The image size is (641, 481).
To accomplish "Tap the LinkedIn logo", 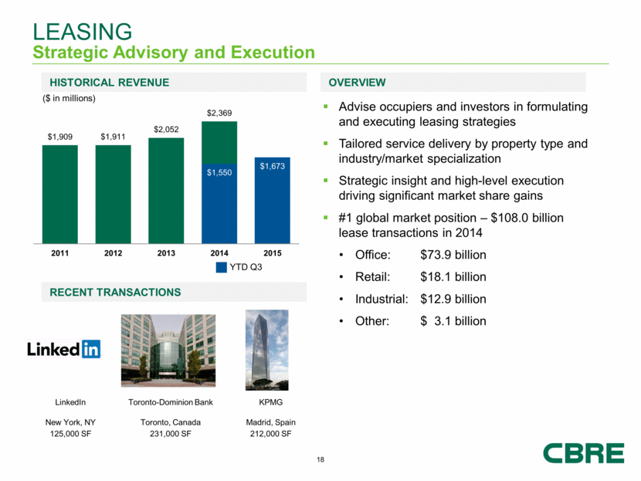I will click(64, 349).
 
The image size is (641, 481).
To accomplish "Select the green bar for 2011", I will click(59, 192).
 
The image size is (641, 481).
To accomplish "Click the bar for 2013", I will click(166, 188).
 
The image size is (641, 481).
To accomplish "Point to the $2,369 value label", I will click(219, 113).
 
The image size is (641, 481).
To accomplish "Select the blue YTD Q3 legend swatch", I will click(222, 267).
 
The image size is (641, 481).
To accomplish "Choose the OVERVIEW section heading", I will click(357, 83).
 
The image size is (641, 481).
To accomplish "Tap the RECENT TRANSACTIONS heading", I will click(115, 293).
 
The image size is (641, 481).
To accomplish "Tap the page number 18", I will click(320, 461).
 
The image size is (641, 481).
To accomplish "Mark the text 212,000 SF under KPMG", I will click(270, 434).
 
